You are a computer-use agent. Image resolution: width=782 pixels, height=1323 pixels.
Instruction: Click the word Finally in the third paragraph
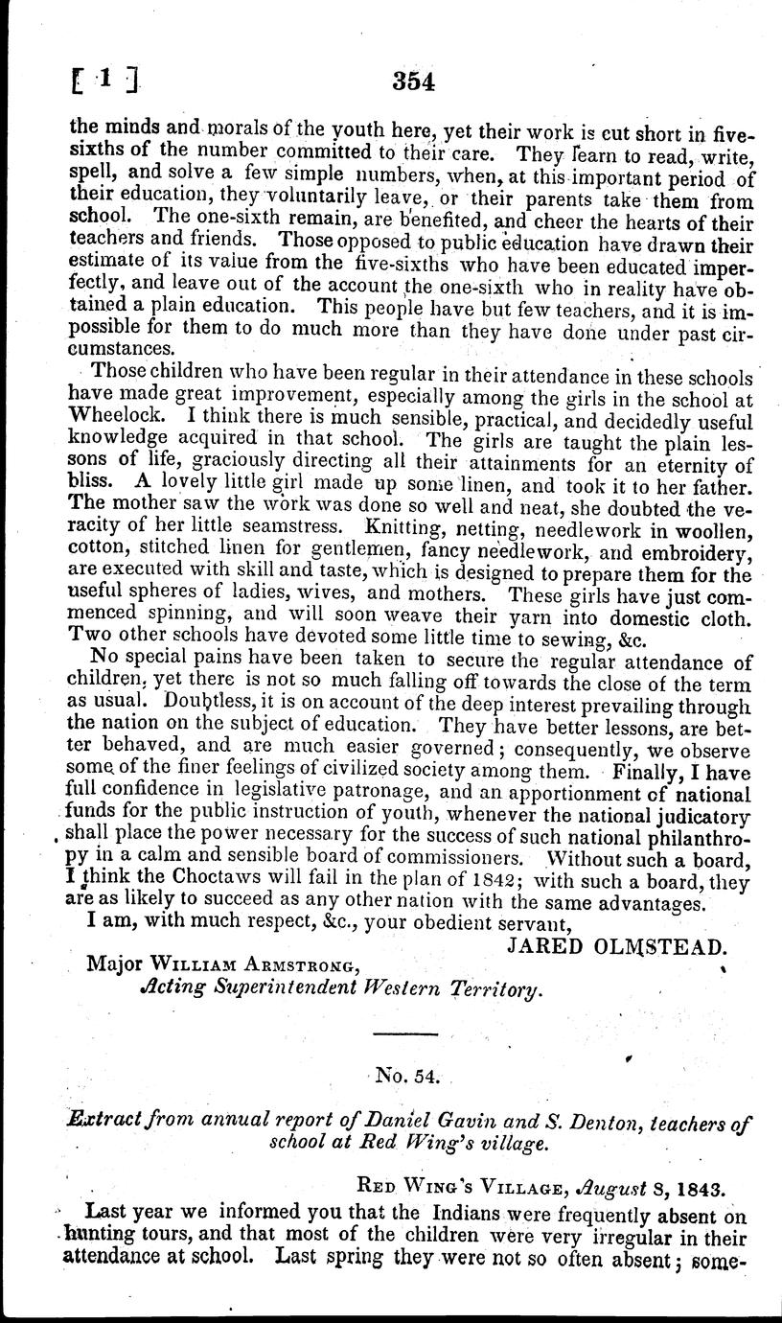(x=621, y=772)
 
